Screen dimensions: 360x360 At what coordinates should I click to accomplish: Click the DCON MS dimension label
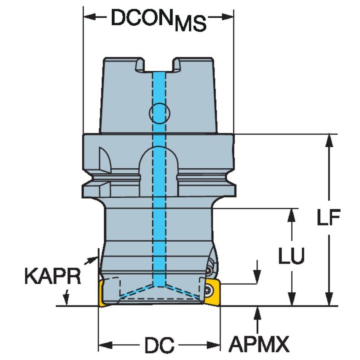pos(159,19)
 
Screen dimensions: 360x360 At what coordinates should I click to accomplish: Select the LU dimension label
pos(291,256)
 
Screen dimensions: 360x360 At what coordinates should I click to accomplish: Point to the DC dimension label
pos(159,346)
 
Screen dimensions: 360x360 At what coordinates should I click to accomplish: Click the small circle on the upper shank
pos(159,112)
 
